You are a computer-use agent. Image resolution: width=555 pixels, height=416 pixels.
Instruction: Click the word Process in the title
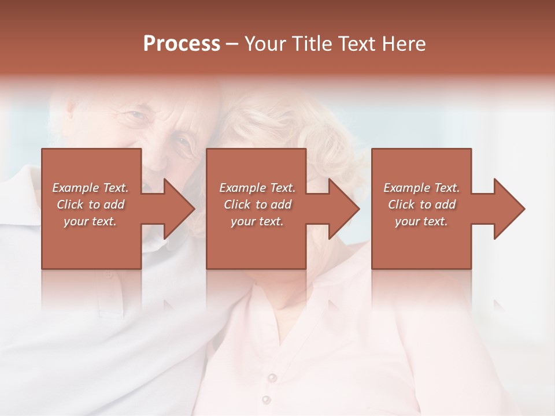pos(182,44)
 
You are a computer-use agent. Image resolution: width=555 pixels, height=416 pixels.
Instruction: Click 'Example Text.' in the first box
pos(90,188)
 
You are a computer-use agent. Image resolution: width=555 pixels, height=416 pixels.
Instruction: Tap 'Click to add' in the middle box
pos(257,205)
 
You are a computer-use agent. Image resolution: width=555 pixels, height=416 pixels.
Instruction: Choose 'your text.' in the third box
pos(421,221)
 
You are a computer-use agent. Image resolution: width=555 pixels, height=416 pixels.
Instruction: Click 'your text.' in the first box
pos(90,221)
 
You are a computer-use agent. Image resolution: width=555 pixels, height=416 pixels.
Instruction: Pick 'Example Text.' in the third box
pos(421,188)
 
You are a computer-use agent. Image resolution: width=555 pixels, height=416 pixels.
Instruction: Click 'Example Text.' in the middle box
pos(257,188)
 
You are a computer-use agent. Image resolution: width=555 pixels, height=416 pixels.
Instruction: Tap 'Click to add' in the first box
pos(90,205)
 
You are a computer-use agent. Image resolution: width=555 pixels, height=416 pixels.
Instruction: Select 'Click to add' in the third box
pos(421,205)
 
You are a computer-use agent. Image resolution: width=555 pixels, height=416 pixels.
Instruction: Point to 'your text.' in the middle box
pos(257,221)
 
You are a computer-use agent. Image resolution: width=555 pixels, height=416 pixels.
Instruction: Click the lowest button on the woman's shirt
pos(266,399)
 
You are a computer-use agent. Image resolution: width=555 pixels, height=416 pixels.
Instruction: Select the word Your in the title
pos(264,44)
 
